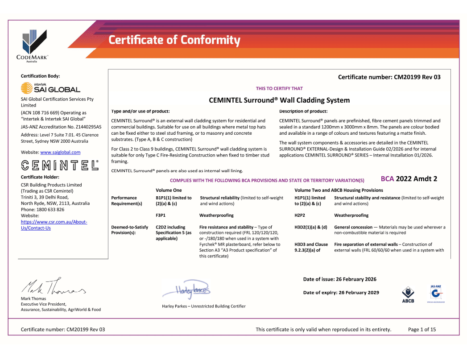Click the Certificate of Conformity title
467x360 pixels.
click(174, 40)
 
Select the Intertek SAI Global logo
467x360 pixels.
click(50, 87)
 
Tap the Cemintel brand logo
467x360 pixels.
click(60, 165)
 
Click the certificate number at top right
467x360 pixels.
click(389, 77)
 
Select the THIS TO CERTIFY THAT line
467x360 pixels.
click(279, 88)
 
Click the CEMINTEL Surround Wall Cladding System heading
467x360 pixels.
click(279, 100)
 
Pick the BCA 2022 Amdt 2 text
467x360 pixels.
click(409, 179)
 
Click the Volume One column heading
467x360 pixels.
click(169, 190)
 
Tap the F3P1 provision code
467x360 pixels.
click(161, 215)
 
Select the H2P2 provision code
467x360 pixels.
click(300, 215)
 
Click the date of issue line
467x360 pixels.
click(339, 279)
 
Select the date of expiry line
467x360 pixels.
click(341, 293)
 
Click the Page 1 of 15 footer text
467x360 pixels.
click(422, 330)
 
